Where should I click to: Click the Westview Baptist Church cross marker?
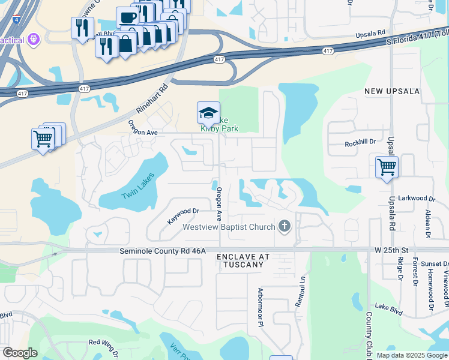(x=285, y=227)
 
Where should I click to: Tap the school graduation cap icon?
(x=208, y=112)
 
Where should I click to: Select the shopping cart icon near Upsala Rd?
(x=387, y=166)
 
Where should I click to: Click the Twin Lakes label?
(x=139, y=186)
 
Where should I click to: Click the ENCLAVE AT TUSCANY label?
(x=240, y=260)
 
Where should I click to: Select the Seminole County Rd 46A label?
(x=163, y=251)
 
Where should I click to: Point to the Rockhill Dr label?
(x=360, y=143)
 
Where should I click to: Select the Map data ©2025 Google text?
(x=411, y=355)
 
